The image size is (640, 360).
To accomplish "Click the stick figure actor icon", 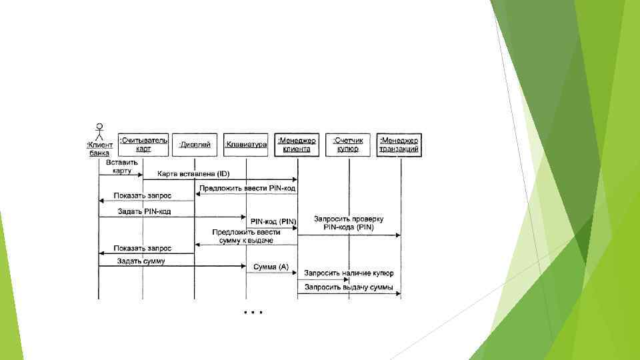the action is (x=99, y=130).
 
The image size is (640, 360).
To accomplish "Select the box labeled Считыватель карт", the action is (x=143, y=144).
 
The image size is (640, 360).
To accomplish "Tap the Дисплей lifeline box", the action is (x=195, y=144).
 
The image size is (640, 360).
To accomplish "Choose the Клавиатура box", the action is (x=246, y=144).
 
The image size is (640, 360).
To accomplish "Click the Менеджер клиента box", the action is (x=297, y=144).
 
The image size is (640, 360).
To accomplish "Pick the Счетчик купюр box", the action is (x=348, y=144).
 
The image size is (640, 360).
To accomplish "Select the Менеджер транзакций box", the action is (x=399, y=144).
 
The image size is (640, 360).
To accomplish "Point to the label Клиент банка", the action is (x=99, y=148).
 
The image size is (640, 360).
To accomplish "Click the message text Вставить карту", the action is (x=121, y=167).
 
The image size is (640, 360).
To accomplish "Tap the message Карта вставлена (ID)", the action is (x=193, y=174).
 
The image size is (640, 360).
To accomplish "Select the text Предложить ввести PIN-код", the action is (x=246, y=188).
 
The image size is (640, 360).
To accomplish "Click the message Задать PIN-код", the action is (x=144, y=211).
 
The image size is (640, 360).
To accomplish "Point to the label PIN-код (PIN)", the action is (x=273, y=221).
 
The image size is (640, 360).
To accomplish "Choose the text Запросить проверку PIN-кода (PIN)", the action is (x=349, y=223).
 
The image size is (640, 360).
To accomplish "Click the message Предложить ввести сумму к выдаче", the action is (x=246, y=236).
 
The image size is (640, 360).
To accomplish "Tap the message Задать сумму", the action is (x=141, y=261).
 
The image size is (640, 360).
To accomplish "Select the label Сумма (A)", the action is (x=271, y=267).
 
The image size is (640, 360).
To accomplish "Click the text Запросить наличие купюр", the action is (x=349, y=273).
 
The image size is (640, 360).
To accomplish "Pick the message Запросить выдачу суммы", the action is (x=349, y=288).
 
